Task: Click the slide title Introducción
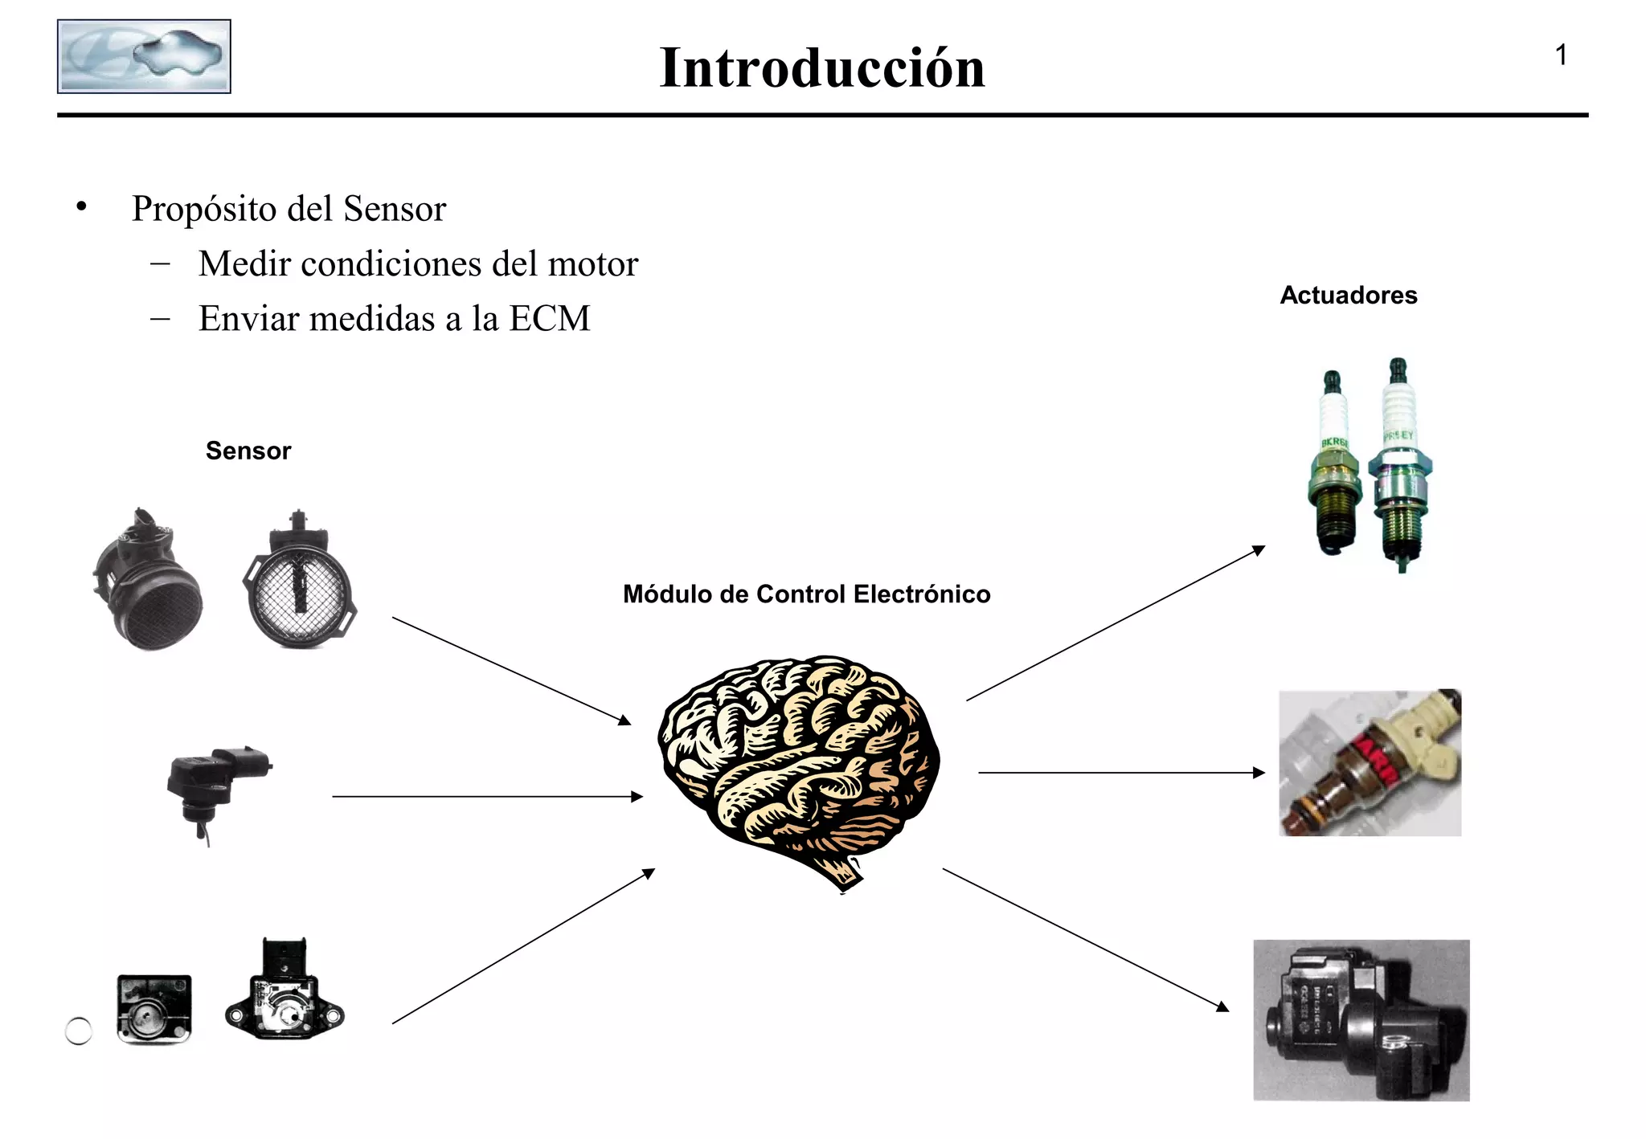tap(821, 68)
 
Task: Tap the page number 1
tap(1560, 55)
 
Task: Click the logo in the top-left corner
tap(144, 56)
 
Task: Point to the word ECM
tap(550, 319)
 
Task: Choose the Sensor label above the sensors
tap(248, 451)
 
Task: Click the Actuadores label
tap(1348, 296)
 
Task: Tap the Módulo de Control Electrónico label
tap(806, 594)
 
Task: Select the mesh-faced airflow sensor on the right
tap(299, 582)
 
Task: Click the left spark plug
tap(1334, 466)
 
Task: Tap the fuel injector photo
tap(1370, 763)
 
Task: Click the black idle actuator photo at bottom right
tap(1361, 1020)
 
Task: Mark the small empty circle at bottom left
tap(79, 1031)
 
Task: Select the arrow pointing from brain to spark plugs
tap(1116, 624)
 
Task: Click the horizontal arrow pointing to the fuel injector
tap(1121, 773)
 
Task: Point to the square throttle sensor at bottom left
tap(154, 1009)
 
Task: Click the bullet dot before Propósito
tap(81, 208)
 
